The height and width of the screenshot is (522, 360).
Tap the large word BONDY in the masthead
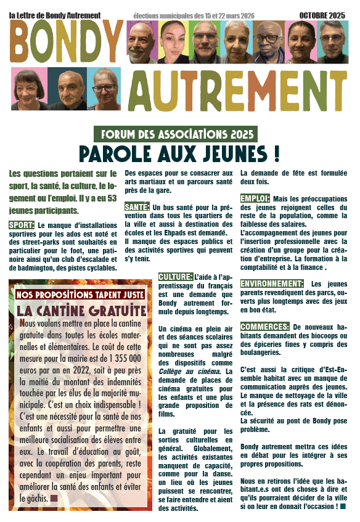(x=66, y=41)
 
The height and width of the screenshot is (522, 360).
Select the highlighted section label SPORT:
(x=22, y=226)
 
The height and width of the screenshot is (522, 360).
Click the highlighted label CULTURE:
(x=175, y=277)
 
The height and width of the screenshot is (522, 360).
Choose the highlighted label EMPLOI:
(x=255, y=199)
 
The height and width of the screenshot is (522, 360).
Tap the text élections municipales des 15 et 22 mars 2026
(x=193, y=14)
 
